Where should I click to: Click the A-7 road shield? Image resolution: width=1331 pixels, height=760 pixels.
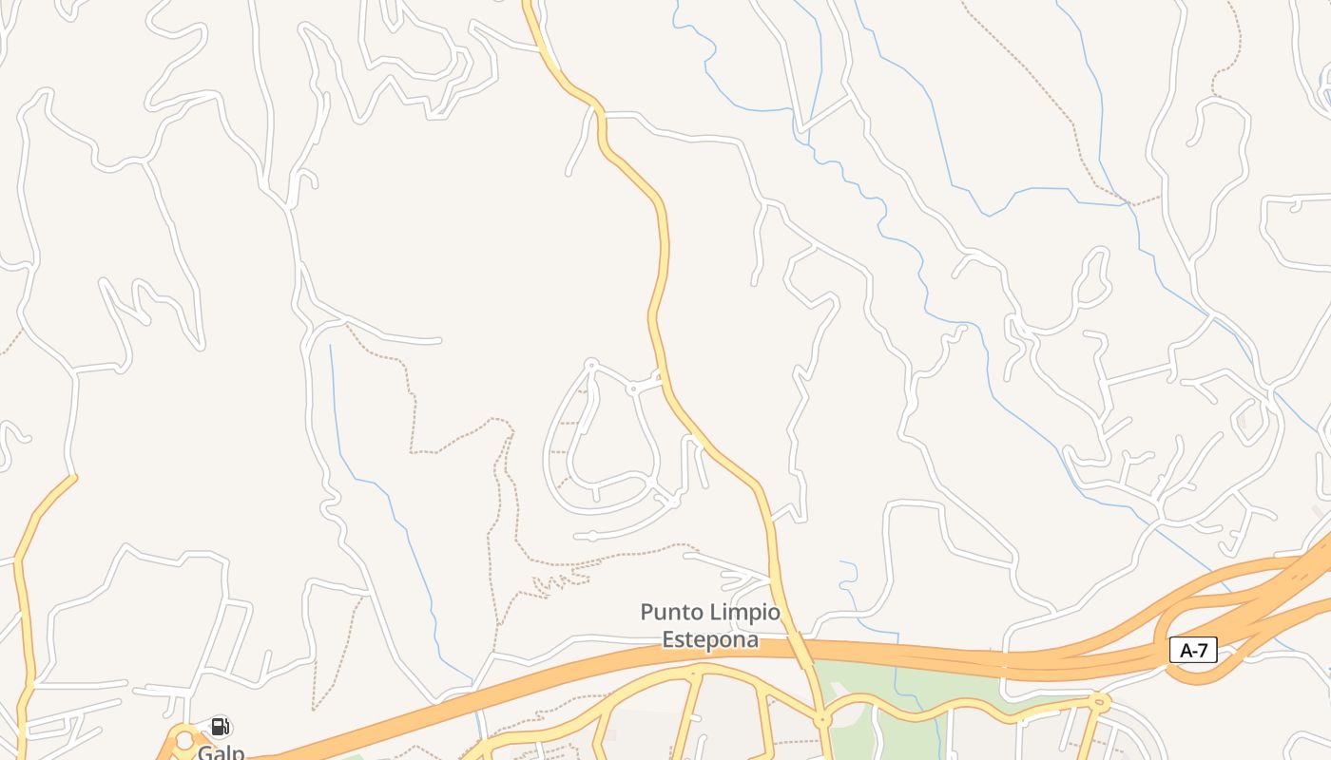point(1193,650)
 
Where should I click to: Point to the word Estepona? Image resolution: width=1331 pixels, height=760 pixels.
point(710,639)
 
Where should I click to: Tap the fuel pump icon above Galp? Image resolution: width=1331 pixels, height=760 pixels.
point(220,728)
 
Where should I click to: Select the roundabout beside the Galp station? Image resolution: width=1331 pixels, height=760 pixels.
point(183,739)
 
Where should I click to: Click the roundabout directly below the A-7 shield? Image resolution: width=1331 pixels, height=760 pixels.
point(1100,703)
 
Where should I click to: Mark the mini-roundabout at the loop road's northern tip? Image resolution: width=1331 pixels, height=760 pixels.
point(590,364)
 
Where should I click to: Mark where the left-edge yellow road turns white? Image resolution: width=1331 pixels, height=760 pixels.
point(74,476)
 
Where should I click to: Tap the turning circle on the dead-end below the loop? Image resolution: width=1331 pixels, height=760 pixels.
point(591,537)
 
